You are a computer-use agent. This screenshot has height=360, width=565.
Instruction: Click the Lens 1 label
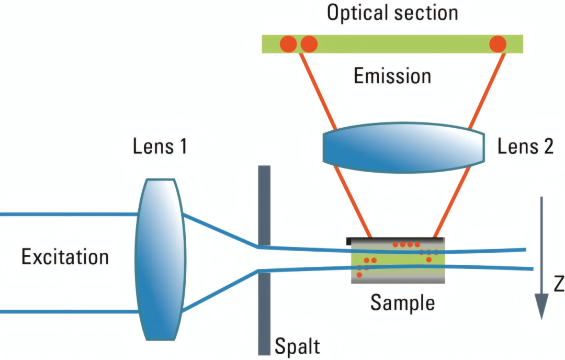(159, 147)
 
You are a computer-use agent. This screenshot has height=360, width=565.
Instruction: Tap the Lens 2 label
(525, 147)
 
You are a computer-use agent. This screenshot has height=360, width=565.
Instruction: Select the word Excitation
(65, 257)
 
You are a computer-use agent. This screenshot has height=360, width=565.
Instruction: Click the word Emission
(392, 76)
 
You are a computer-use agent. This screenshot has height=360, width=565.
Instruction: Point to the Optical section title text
(392, 13)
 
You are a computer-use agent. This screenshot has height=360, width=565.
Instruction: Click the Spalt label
(297, 346)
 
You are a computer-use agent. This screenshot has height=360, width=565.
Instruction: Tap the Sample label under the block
(402, 302)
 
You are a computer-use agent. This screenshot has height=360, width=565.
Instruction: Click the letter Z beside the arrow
(558, 285)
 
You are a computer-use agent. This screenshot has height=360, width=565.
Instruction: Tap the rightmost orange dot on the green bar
(497, 44)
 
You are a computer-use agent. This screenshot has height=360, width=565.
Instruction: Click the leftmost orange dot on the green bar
(288, 44)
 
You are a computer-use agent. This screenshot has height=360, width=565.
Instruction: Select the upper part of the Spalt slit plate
(264, 204)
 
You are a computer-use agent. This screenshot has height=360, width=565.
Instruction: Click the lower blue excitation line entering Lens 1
(68, 312)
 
